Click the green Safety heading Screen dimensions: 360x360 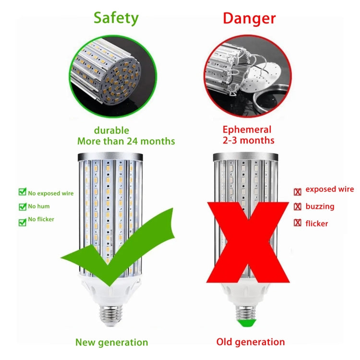coord(116,18)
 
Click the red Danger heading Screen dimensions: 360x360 coord(249,18)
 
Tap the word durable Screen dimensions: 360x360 coord(111,130)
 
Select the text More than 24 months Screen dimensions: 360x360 coord(126,141)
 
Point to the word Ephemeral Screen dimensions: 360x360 coord(247,130)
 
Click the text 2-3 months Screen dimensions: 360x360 coord(249,140)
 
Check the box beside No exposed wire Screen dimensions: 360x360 coord(22,192)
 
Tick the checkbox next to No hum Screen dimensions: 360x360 coord(22,206)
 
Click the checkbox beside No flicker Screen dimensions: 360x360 coord(22,222)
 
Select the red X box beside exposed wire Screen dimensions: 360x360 coord(298,192)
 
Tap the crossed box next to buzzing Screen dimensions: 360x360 coord(298,206)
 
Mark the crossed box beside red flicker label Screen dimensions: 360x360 coord(298,222)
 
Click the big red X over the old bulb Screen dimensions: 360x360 coord(248,242)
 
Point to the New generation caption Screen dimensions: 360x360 coord(111,342)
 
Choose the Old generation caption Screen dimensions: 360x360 coord(251,342)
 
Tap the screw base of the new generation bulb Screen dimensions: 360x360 coord(111,315)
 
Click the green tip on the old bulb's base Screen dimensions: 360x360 coord(247,323)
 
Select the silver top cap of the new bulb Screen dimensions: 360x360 coord(110,157)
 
